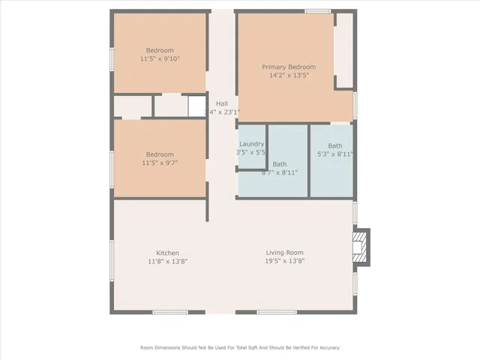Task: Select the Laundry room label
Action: [x=251, y=143]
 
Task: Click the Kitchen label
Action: [x=167, y=253]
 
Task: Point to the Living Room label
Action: [x=284, y=253]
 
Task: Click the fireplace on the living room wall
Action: [x=361, y=249]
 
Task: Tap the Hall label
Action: [x=222, y=103]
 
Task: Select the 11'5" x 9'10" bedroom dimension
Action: [x=160, y=58]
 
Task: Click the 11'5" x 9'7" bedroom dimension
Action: [x=160, y=163]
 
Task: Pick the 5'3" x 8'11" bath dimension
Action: [x=334, y=154]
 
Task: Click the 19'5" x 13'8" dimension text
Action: [x=284, y=261]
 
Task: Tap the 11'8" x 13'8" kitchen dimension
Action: [x=167, y=261]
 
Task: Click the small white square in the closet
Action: [x=196, y=107]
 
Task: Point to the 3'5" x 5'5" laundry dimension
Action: [x=250, y=152]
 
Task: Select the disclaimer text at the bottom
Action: [x=240, y=347]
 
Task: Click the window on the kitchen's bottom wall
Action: [x=169, y=312]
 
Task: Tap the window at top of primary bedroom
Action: [x=317, y=10]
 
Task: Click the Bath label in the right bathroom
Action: [x=334, y=145]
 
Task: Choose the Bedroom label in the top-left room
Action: [x=160, y=50]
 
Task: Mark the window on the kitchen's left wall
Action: [x=112, y=262]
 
